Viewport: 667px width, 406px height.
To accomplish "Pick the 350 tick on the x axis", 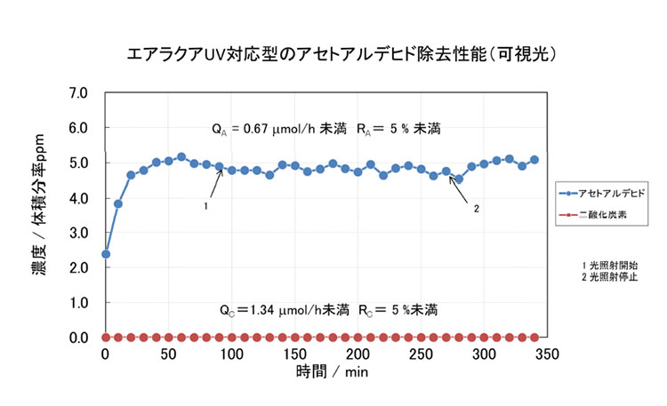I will pos(547,354).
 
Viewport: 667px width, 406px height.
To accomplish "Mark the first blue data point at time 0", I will pos(106,254).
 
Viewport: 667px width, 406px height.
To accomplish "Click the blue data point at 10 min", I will pos(118,203).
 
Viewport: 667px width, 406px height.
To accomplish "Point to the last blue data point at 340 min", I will pos(534,160).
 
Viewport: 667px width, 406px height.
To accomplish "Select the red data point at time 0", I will pos(106,338).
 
